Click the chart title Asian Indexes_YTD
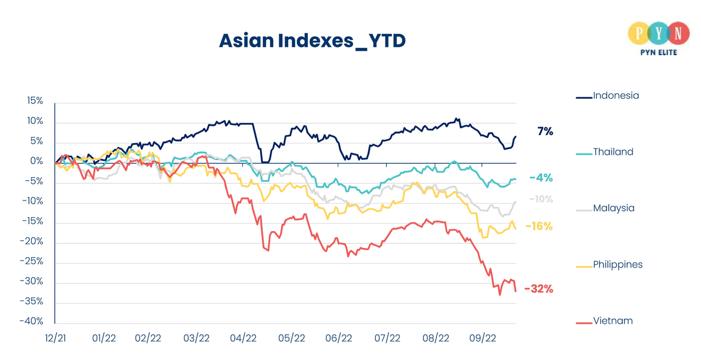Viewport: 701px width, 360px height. tap(312, 41)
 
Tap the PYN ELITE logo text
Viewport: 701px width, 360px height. tap(654, 53)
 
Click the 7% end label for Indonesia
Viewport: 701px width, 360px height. tap(545, 132)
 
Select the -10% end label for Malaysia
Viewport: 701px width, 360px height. tap(541, 199)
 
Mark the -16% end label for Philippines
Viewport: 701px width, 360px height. tap(539, 226)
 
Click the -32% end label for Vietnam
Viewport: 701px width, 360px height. tap(539, 289)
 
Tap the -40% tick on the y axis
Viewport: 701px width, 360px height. tap(32, 322)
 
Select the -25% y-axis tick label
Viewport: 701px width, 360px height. tap(32, 262)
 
